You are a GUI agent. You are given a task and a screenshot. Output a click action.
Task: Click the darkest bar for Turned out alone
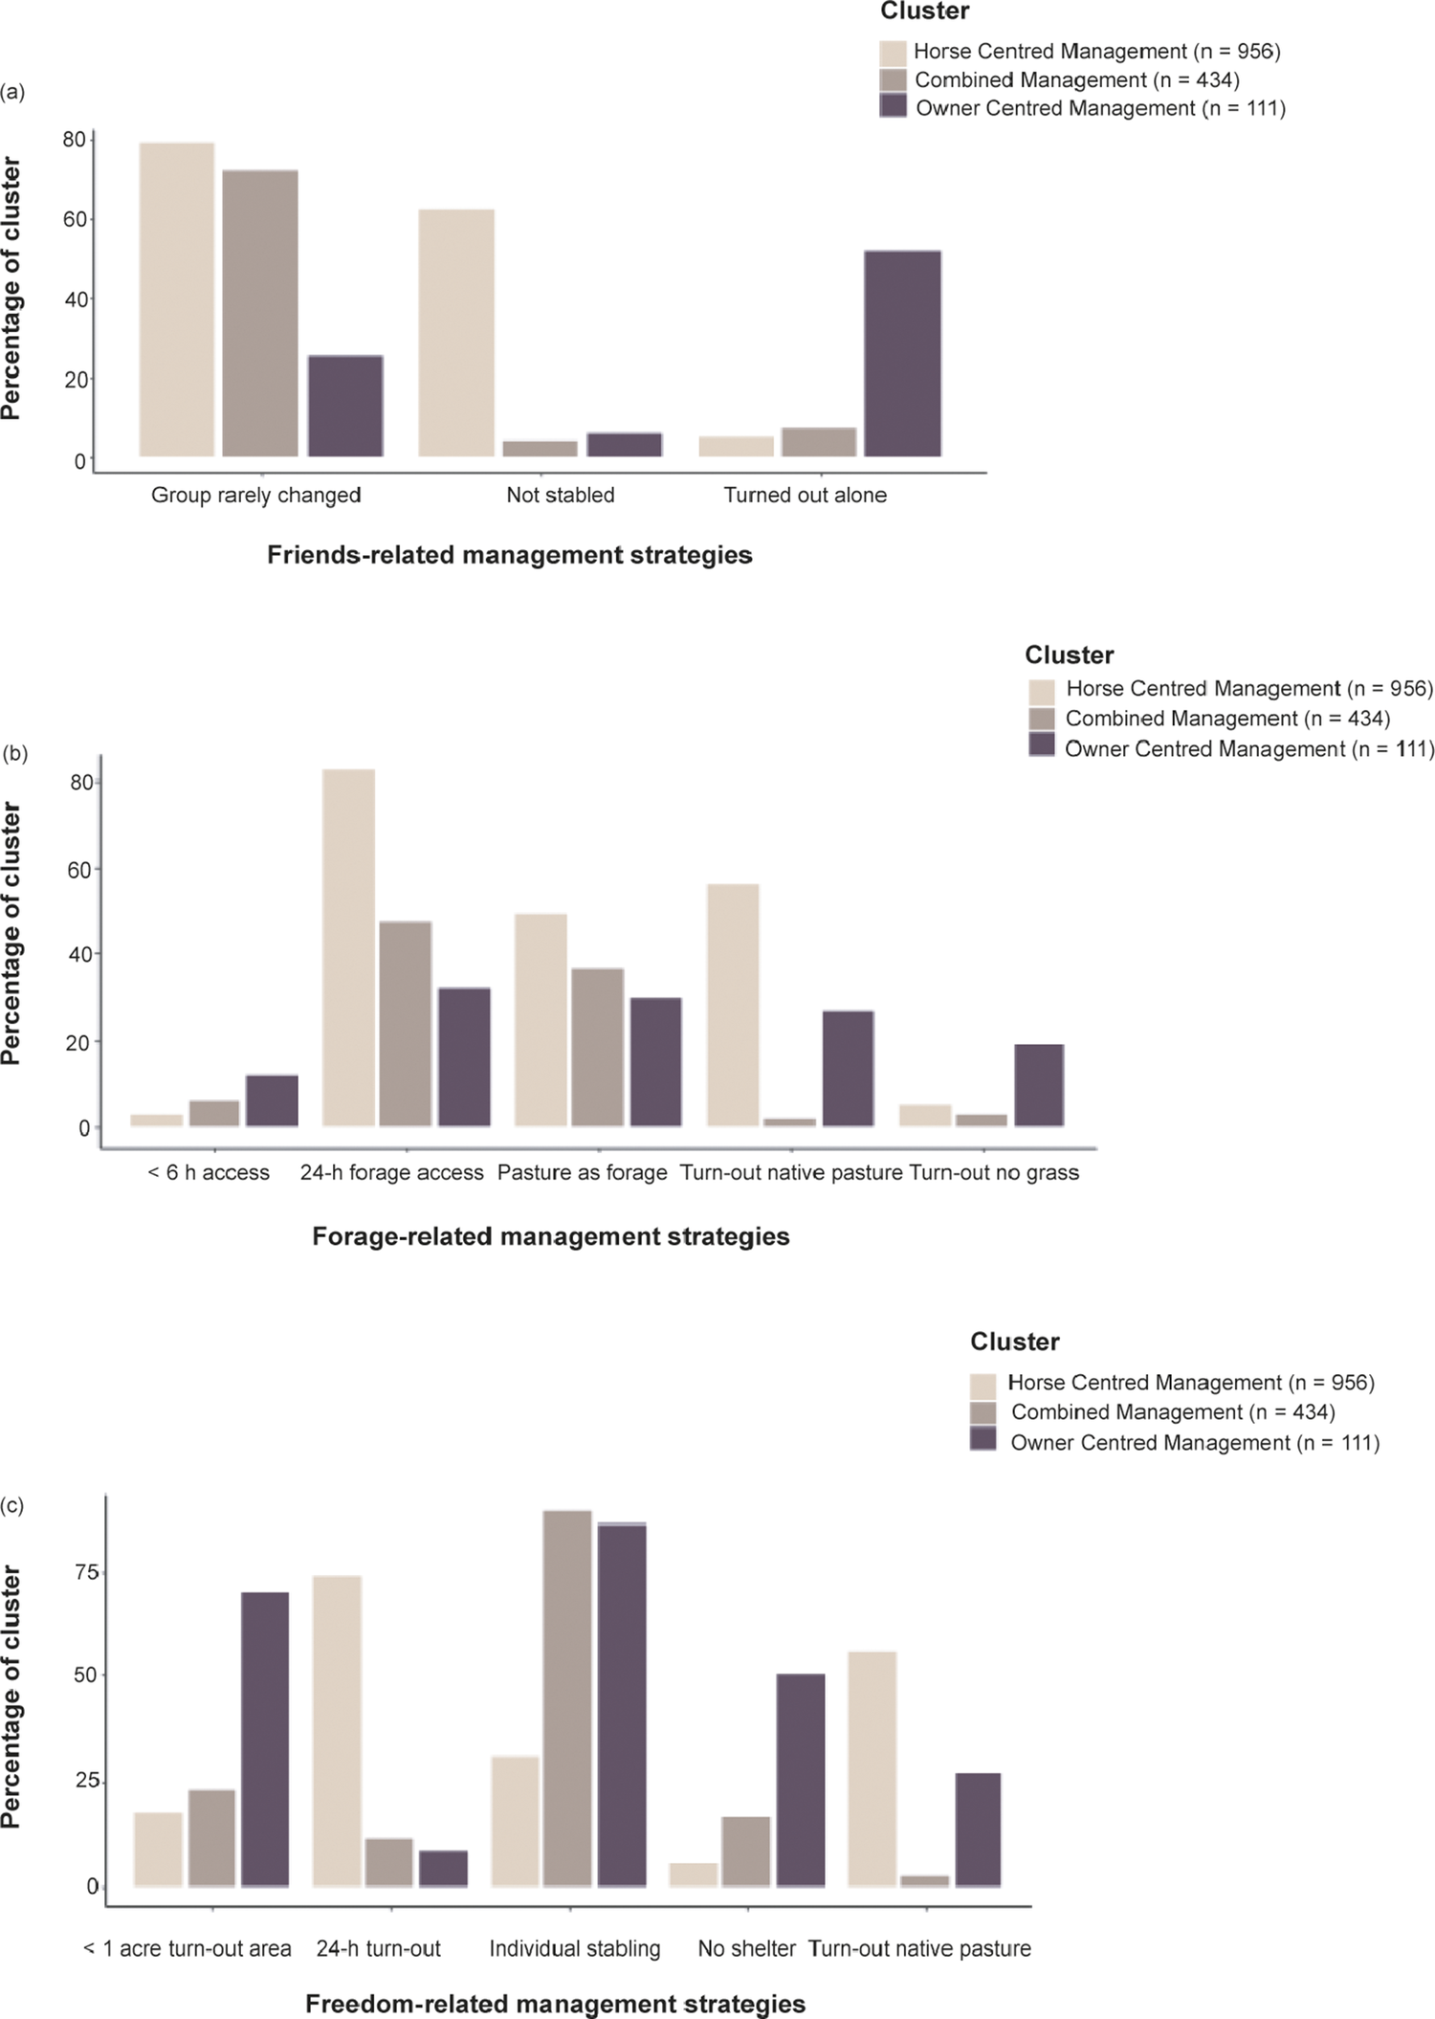click(x=902, y=354)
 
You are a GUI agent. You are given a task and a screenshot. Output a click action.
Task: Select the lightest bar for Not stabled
click(x=456, y=333)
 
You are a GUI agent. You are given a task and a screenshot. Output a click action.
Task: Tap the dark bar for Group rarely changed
click(x=345, y=406)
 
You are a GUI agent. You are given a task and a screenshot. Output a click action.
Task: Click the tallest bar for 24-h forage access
click(x=348, y=947)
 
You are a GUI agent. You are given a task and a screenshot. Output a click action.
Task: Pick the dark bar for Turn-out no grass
click(x=1039, y=1085)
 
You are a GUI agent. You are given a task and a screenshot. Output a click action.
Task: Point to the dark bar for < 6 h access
click(x=272, y=1100)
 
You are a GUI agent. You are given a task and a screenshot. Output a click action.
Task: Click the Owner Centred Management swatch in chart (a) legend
click(x=893, y=106)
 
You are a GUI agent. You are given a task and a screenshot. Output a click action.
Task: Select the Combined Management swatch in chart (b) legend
click(x=1041, y=719)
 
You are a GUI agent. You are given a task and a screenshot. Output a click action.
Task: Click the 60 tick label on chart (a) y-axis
click(x=75, y=219)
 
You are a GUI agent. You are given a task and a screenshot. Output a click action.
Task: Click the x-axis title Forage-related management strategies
click(x=551, y=1236)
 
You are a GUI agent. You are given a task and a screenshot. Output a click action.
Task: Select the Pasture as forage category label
click(x=582, y=1172)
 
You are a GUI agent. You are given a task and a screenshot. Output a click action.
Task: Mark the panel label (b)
click(x=14, y=753)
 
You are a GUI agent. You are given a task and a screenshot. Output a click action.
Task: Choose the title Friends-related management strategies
click(x=509, y=555)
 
